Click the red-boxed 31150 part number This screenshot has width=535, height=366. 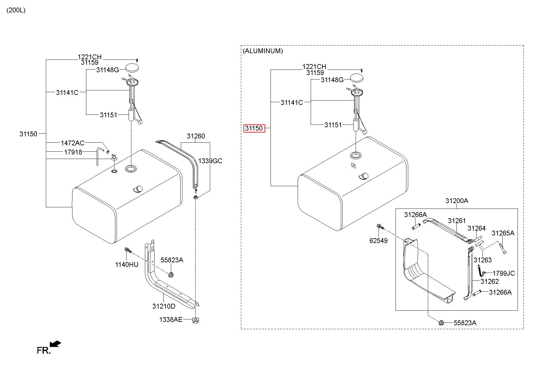254,128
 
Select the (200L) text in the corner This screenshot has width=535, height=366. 16,10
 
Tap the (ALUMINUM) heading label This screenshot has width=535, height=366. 263,51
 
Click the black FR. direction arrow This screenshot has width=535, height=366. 56,344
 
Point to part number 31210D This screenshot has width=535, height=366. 164,306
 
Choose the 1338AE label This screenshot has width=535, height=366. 171,319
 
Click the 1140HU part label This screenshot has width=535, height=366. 127,265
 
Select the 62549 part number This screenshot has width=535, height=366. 378,241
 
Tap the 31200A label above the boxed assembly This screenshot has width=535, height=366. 457,201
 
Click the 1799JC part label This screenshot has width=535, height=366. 504,273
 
